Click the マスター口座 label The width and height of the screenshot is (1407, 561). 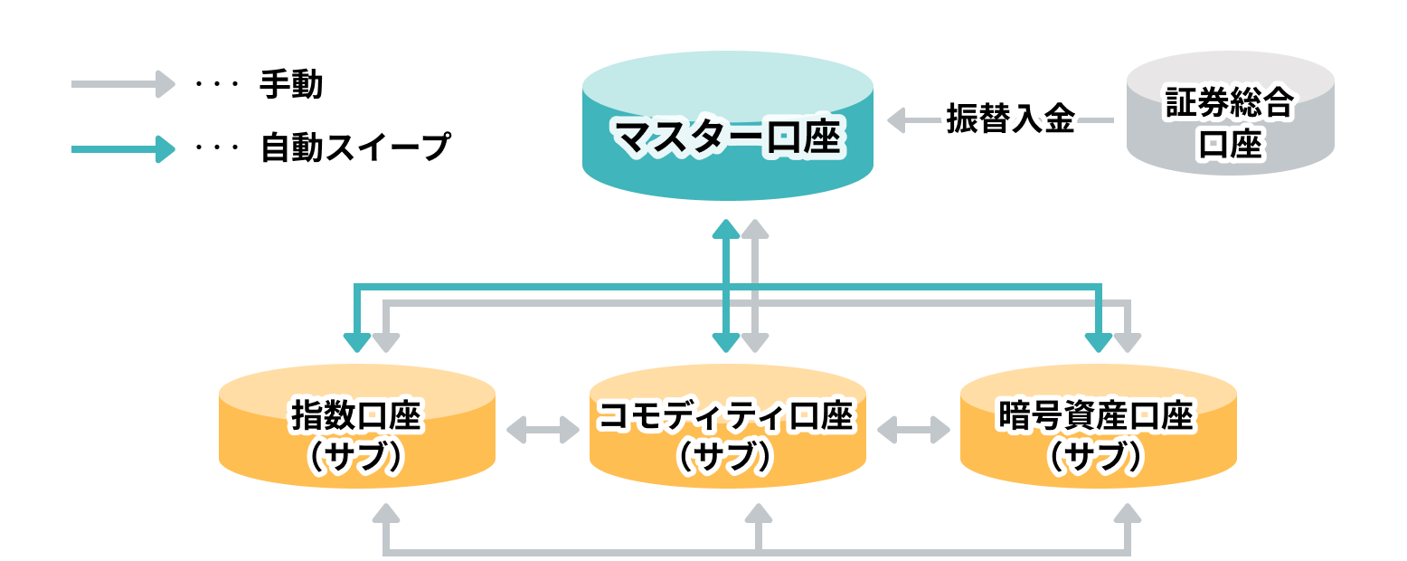point(727,138)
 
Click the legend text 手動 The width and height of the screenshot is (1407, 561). point(290,85)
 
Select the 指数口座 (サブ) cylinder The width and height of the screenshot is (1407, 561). point(356,429)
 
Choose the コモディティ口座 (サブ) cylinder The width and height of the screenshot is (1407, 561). point(727,429)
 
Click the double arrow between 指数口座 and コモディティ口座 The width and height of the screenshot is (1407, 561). point(542,430)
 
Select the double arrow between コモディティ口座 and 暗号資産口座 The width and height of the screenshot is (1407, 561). point(913,430)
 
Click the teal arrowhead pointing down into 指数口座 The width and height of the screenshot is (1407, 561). point(357,341)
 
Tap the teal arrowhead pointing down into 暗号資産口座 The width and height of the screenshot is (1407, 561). point(1098,341)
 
